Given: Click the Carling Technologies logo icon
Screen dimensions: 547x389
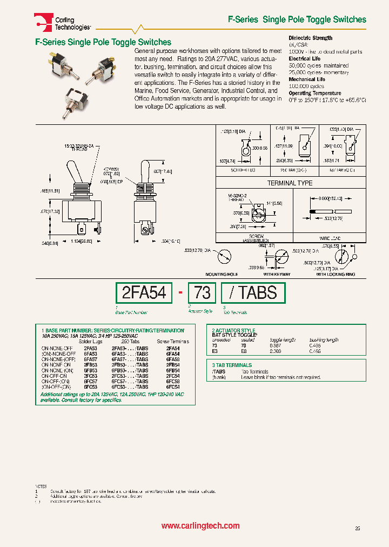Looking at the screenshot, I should point(42,21).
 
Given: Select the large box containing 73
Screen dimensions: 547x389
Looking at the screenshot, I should point(202,292).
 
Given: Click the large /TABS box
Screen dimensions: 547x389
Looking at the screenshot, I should point(253,292).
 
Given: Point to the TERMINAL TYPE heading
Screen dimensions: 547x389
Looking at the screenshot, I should point(290,183).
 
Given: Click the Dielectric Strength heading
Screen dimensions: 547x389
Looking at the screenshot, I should point(311,38).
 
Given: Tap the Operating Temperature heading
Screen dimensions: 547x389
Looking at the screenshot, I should point(314,93).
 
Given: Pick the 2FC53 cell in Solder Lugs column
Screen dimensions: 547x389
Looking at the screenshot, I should point(90,376).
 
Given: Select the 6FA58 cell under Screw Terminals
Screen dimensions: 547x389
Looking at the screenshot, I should point(173,359).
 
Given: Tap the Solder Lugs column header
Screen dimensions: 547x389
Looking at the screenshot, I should point(90,342).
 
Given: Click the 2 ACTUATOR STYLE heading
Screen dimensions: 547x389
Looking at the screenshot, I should point(233,330).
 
